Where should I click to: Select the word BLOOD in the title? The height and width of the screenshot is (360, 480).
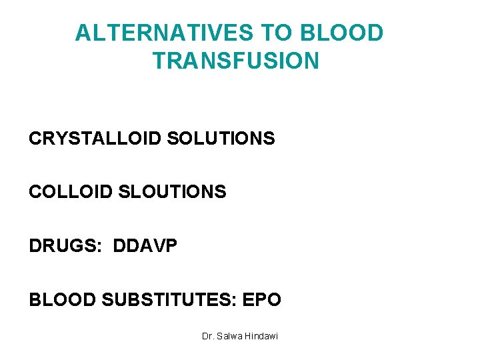[x=342, y=33]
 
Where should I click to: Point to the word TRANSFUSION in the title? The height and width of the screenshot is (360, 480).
[x=236, y=61]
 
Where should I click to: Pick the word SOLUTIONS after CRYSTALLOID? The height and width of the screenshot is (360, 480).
[x=221, y=139]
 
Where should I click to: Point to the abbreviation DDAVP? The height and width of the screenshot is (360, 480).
[x=145, y=246]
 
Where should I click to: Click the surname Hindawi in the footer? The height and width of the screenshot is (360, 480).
[x=262, y=336]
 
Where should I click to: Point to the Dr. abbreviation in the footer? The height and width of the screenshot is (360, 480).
[x=208, y=336]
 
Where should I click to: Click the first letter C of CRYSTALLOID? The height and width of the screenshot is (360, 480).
[x=35, y=139]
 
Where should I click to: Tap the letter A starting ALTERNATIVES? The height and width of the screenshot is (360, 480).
[x=83, y=33]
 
